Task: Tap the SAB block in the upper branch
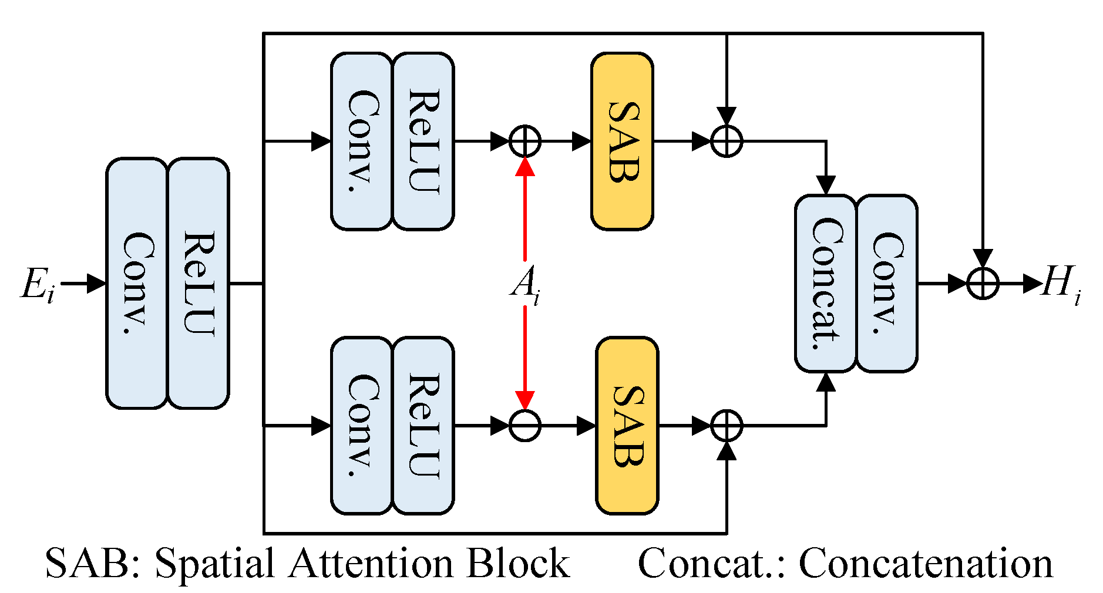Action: [622, 141]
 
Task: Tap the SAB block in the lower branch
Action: [627, 426]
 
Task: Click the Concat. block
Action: [825, 284]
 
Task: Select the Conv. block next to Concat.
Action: [886, 284]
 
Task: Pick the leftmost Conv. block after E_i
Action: [137, 284]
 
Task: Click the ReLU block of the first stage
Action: [199, 284]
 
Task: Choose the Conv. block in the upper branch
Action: [361, 141]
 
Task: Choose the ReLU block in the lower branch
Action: [423, 426]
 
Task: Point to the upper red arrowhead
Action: [524, 166]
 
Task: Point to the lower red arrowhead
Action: [524, 400]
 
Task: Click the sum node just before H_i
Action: [983, 284]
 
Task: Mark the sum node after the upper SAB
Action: [727, 141]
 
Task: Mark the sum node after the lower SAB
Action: [727, 426]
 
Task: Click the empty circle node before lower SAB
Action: [524, 426]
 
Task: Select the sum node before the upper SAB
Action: [524, 141]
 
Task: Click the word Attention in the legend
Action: [372, 564]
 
